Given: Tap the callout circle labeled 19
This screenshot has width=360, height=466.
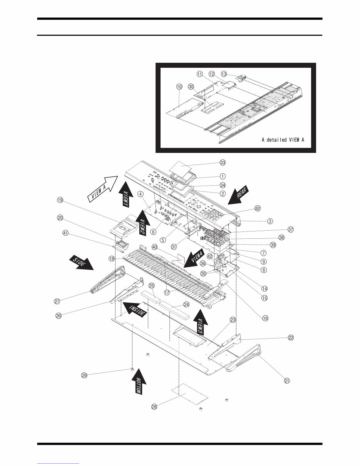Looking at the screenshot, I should pyautogui.click(x=60, y=200).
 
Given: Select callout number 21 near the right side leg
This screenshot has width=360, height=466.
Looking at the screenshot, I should pyautogui.click(x=287, y=381).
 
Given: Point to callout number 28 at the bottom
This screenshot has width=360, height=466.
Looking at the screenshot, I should pyautogui.click(x=154, y=407).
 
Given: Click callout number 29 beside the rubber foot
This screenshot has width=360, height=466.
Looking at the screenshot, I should pyautogui.click(x=84, y=375).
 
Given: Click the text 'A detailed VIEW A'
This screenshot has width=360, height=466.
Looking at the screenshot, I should pyautogui.click(x=283, y=140).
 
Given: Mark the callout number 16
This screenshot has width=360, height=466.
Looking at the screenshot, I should pyautogui.click(x=265, y=318).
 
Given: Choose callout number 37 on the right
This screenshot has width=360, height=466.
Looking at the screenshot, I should pyautogui.click(x=291, y=229).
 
